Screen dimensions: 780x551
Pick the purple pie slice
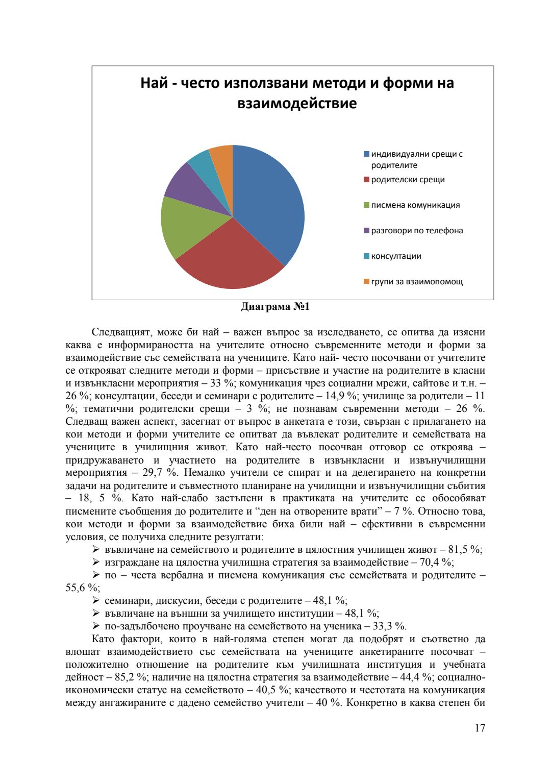point(191,186)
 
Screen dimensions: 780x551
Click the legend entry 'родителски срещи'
point(408,180)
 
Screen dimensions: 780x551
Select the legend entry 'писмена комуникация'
point(415,205)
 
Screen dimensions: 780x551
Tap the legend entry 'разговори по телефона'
point(417,231)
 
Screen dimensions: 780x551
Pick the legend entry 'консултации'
point(396,256)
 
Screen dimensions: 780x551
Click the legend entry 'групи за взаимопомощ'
point(417,282)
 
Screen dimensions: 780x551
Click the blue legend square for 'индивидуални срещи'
point(366,154)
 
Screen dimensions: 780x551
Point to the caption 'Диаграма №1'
point(275,307)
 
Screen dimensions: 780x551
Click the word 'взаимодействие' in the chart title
point(297,104)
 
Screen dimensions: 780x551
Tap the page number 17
point(480,728)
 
